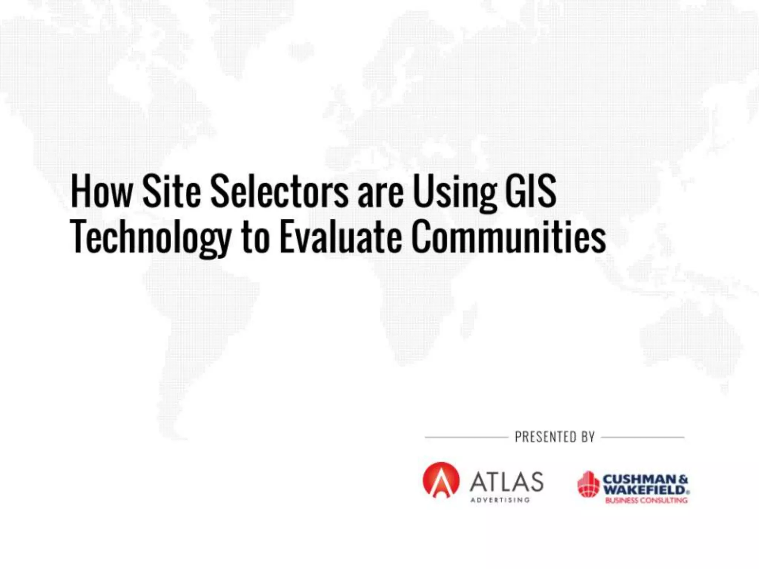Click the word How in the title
pos(101,192)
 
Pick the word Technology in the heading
pos(150,238)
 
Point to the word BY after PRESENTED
pos(588,437)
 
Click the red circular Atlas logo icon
pos(441,480)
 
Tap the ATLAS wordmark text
pos(507,482)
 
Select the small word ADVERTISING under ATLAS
pos(500,500)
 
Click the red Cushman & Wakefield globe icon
pos(588,484)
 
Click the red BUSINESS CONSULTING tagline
pos(646,500)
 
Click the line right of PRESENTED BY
pos(643,437)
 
